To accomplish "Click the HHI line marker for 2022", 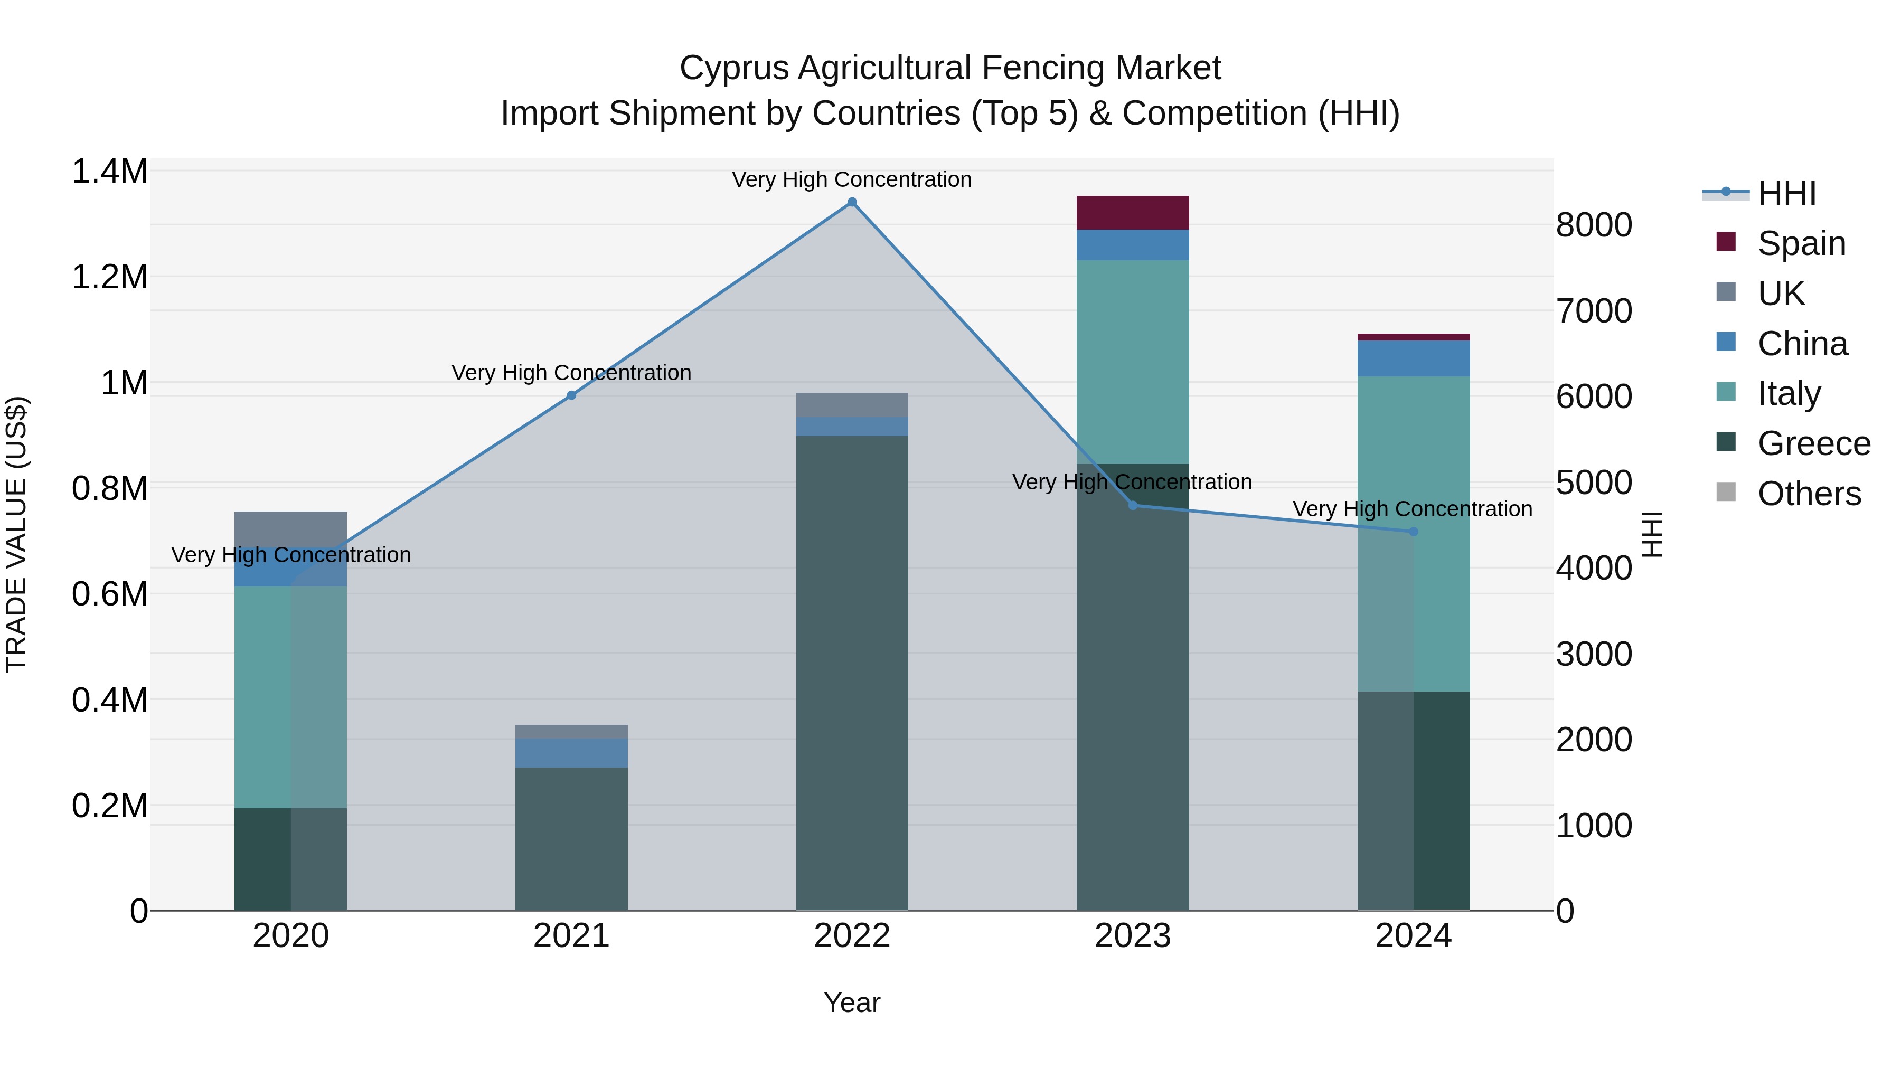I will click(x=852, y=202).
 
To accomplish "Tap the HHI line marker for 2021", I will click(x=571, y=395).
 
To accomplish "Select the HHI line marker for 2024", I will click(x=1413, y=532).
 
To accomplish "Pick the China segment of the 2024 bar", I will click(x=1413, y=358).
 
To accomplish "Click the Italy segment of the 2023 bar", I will click(x=1133, y=362).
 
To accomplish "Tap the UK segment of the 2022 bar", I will click(x=852, y=405).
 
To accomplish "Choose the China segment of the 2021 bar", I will click(x=571, y=752).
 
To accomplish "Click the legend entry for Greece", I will click(x=1813, y=443).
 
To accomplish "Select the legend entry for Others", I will click(x=1809, y=494).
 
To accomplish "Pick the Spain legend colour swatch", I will click(x=1726, y=242).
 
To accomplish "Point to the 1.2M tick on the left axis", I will click(x=109, y=277).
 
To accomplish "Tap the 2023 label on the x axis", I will click(x=1133, y=936).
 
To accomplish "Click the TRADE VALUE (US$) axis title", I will click(x=16, y=534).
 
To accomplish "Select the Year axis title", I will click(x=852, y=1002).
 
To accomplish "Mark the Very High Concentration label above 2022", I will click(x=852, y=179).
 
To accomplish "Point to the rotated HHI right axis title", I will click(x=1652, y=534).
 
